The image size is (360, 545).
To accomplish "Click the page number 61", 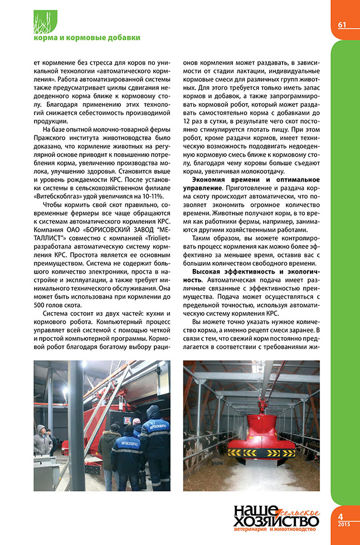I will click(342, 25).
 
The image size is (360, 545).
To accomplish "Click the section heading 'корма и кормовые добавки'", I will click(86, 38).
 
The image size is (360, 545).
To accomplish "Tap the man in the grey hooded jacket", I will click(42, 440).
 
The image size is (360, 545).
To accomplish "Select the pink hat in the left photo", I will click(136, 421).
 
